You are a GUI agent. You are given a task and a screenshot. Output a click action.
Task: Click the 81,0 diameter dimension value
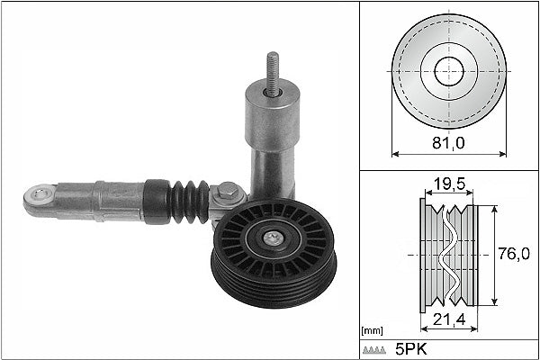point(448,141)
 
